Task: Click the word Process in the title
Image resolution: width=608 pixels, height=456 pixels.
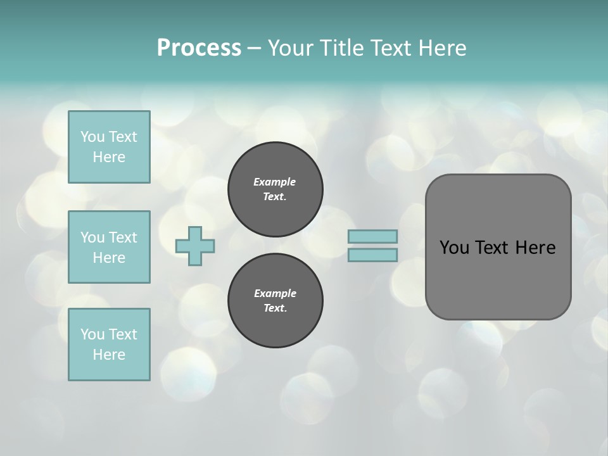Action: tap(199, 48)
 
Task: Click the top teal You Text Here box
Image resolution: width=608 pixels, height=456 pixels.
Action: tap(109, 147)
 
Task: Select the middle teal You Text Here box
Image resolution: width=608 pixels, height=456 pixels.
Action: tap(109, 247)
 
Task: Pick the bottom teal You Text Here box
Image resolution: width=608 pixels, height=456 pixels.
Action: tap(109, 345)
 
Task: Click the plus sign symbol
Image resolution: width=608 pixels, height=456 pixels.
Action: tap(195, 246)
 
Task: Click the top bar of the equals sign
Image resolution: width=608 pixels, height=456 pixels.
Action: tap(372, 236)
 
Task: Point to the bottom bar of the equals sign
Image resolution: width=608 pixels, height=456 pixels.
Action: tap(372, 255)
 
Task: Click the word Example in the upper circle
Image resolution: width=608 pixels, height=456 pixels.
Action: tap(275, 182)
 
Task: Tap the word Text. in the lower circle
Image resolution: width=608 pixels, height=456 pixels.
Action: tap(275, 308)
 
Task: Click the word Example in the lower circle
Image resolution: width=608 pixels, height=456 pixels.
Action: tap(275, 293)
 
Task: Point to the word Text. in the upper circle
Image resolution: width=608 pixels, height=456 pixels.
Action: tap(275, 197)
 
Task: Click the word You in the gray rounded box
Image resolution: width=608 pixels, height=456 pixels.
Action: tap(453, 248)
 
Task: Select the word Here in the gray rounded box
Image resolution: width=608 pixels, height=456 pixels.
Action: tap(535, 248)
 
